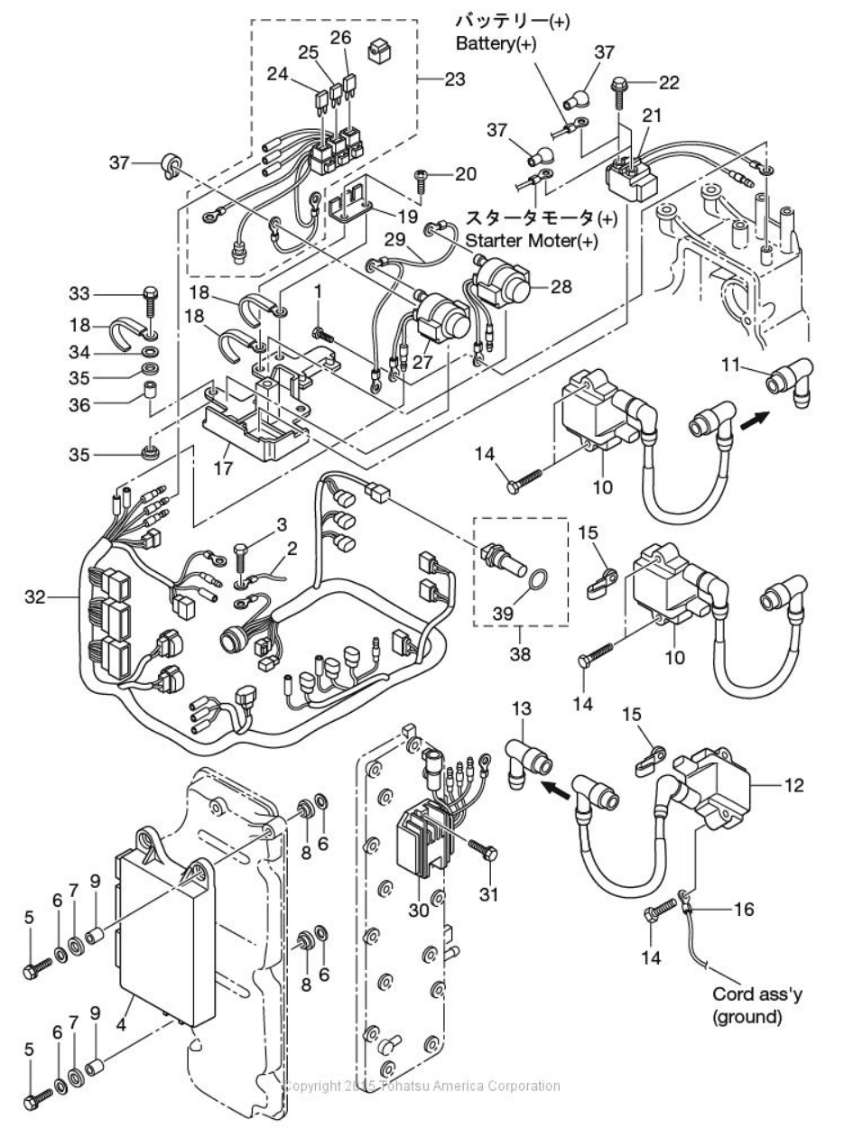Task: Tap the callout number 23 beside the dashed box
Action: pyautogui.click(x=455, y=79)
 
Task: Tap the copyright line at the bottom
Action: pyautogui.click(x=422, y=1086)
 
